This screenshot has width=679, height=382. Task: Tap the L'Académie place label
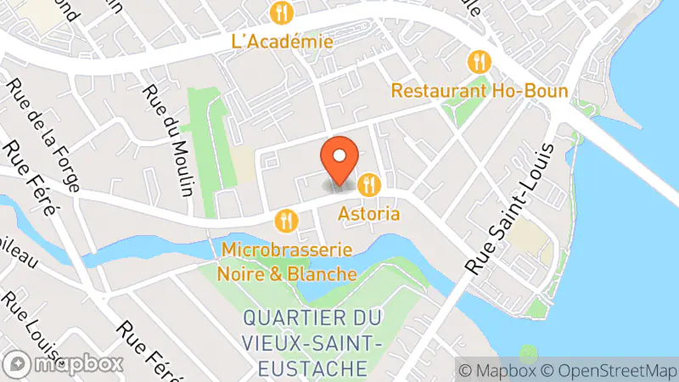coord(282,40)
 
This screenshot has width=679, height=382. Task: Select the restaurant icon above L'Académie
coord(282,13)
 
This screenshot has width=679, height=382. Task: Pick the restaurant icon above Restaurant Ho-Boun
coord(480,62)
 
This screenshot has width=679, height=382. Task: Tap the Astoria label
coord(368,212)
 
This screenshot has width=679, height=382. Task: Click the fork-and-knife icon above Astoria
coord(368,183)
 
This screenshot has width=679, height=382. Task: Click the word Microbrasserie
coord(288,251)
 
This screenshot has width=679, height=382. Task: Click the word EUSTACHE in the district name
coord(317,368)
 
